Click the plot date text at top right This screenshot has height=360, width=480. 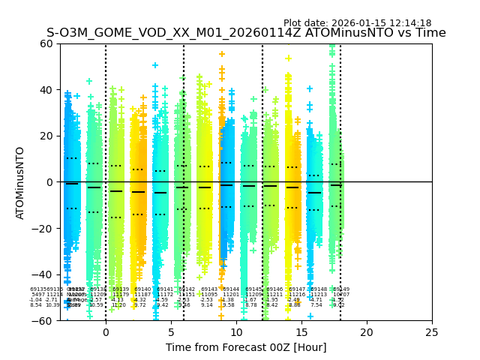[357, 23]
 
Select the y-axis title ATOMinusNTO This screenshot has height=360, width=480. [21, 182]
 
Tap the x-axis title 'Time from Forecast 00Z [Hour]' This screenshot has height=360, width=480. [236, 347]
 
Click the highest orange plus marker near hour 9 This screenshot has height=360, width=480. [222, 54]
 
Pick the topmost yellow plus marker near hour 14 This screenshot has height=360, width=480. [288, 58]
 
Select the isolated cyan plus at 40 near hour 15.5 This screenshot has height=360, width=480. [309, 89]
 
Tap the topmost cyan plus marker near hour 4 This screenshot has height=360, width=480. [155, 66]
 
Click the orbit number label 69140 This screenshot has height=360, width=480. [142, 289]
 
